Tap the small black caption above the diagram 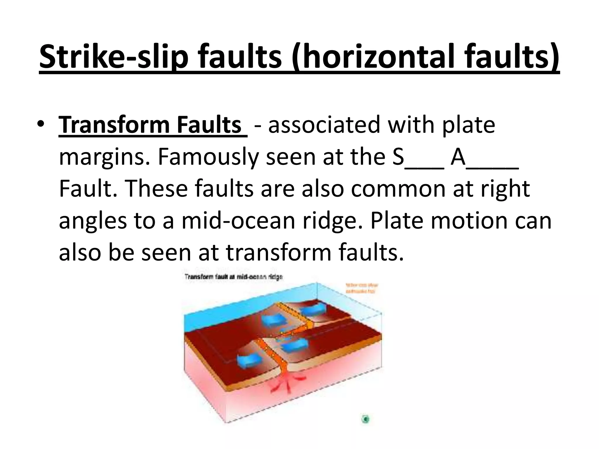tap(233, 277)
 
